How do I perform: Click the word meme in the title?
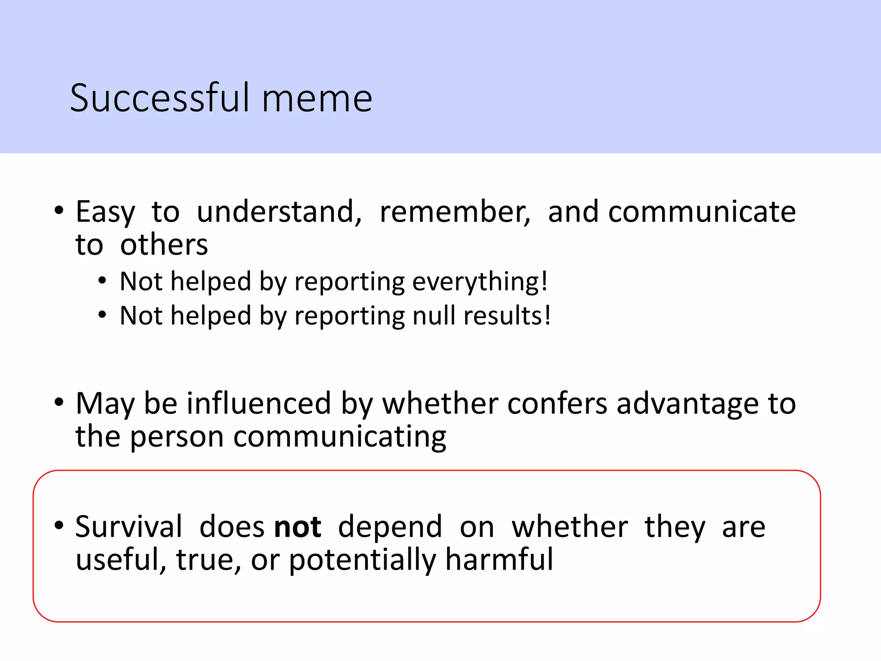tap(317, 99)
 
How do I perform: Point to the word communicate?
tap(702, 212)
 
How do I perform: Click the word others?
tap(164, 245)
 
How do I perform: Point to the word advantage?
tap(688, 405)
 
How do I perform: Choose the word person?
tap(177, 437)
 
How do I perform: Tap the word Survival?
tap(129, 527)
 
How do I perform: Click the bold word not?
tap(298, 527)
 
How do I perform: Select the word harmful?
tap(499, 559)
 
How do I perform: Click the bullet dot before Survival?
tap(59, 525)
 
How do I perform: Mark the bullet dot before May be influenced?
tap(59, 402)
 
